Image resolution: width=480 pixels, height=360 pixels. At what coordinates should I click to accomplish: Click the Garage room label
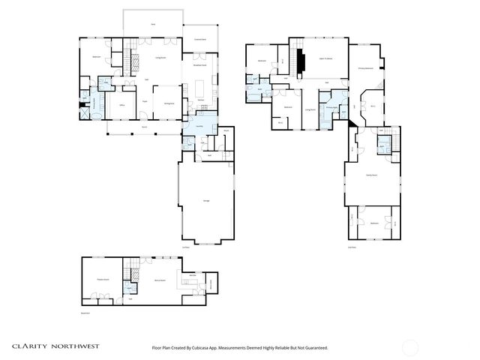206,200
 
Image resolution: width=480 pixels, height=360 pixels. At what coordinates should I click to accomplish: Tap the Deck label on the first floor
153,25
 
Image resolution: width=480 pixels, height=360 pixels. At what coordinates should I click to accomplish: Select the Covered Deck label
200,38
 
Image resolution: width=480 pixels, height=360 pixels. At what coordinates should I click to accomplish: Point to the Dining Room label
169,103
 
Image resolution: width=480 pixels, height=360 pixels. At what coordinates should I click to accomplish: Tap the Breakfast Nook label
200,65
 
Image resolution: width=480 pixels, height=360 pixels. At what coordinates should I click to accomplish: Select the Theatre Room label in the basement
103,280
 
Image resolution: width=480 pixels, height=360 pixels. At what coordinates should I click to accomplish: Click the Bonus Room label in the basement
160,280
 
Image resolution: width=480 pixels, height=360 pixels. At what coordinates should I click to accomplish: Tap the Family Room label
370,175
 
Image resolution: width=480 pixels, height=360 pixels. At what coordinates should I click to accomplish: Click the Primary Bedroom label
366,68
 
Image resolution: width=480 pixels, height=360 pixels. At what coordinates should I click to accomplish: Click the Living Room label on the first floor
160,58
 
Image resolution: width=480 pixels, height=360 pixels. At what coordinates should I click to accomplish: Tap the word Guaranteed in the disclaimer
314,348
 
